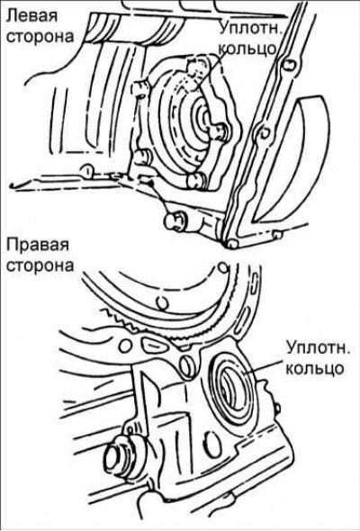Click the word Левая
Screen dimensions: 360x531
point(32,16)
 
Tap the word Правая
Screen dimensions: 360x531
point(38,244)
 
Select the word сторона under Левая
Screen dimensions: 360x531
point(40,36)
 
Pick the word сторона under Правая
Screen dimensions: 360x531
point(40,265)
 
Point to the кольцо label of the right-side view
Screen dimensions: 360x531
point(315,368)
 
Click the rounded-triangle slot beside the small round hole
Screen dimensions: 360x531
point(154,345)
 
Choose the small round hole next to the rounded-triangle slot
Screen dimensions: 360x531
point(126,345)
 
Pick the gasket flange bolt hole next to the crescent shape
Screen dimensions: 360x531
point(265,133)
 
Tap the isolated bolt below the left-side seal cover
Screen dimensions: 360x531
point(175,220)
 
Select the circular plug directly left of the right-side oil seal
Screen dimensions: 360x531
point(187,365)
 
